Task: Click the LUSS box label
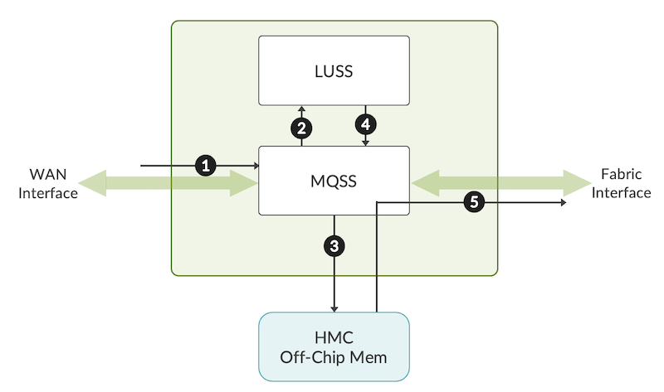(x=334, y=71)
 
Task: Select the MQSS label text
(x=334, y=181)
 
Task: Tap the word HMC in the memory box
(x=334, y=338)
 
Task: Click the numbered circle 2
(x=301, y=127)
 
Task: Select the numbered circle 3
(x=334, y=245)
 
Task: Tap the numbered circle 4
(x=365, y=125)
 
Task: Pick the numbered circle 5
(x=474, y=201)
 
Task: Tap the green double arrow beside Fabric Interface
(x=498, y=182)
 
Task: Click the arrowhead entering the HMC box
(x=334, y=308)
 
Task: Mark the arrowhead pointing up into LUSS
(x=301, y=109)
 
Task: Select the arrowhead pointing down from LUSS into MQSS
(x=365, y=143)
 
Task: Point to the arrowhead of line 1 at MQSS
(x=256, y=166)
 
